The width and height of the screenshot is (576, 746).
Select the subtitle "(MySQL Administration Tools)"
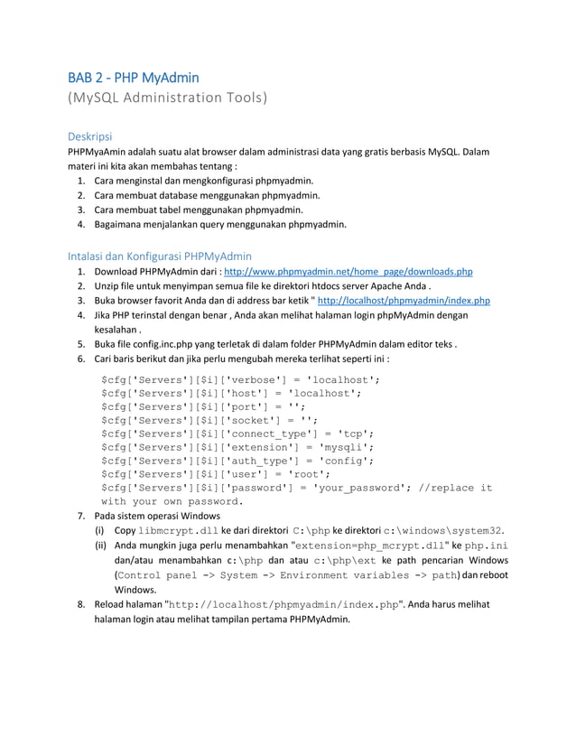click(168, 98)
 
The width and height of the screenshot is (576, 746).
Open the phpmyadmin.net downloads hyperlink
click(348, 271)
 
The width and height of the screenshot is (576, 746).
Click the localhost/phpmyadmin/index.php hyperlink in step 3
click(404, 301)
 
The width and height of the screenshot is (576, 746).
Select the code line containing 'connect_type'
click(237, 434)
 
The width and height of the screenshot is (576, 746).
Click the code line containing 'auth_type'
click(237, 461)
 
